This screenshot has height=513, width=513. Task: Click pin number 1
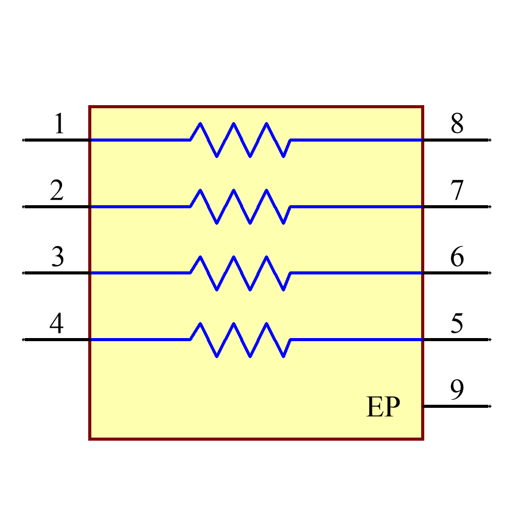point(60,124)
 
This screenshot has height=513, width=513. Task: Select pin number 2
point(56,191)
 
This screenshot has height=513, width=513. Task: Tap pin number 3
point(57,257)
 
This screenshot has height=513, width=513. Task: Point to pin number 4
point(56,324)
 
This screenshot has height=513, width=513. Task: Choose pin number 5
point(457,324)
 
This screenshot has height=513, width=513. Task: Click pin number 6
point(457,257)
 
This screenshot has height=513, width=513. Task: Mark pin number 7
point(457,191)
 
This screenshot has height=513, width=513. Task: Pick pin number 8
point(457,124)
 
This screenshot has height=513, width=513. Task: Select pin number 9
point(457,390)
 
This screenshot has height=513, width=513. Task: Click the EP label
point(383,407)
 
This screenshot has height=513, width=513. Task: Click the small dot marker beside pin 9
point(490,406)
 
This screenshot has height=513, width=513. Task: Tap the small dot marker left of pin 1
point(23,140)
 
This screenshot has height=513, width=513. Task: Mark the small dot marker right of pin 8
point(490,140)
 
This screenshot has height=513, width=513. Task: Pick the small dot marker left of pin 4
point(23,340)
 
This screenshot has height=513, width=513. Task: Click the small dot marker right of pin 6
point(490,273)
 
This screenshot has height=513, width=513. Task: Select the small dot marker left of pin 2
point(23,206)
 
